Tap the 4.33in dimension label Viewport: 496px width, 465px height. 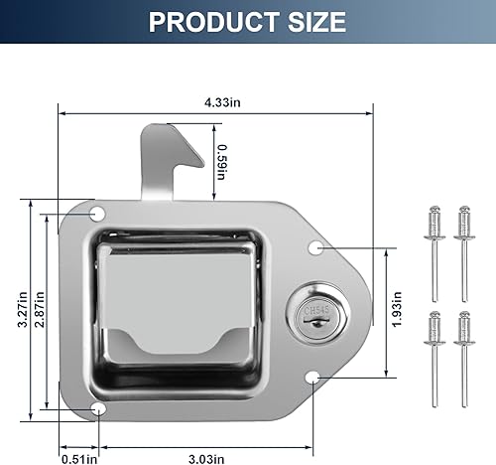(x=222, y=102)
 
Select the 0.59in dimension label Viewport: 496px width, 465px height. (x=221, y=162)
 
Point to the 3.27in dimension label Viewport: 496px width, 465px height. (x=23, y=309)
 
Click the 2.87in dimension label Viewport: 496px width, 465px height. (x=40, y=309)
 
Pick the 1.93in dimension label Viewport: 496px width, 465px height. (x=397, y=309)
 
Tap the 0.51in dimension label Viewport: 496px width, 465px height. (x=79, y=459)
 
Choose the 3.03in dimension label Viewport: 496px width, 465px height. (x=206, y=459)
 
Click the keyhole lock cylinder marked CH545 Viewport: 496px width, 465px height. (x=316, y=317)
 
